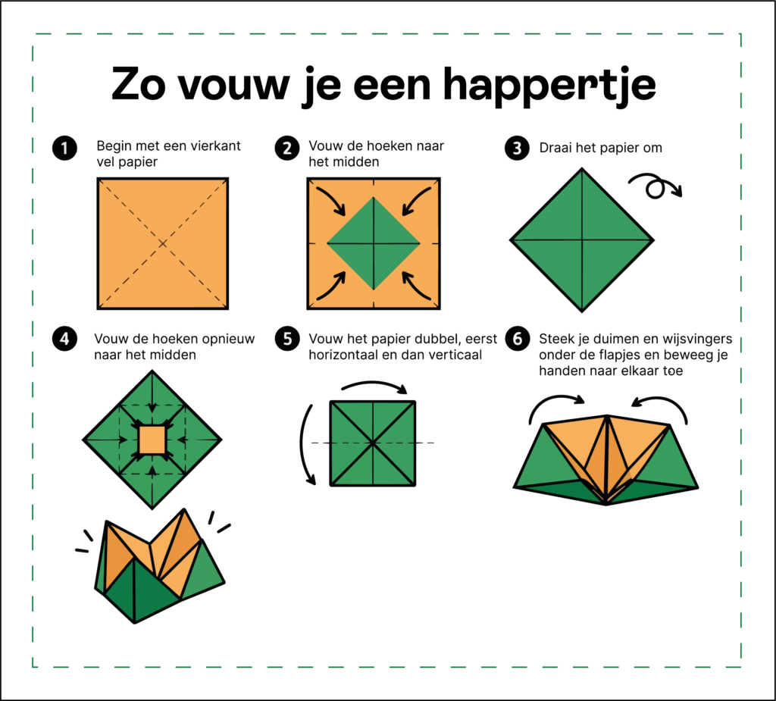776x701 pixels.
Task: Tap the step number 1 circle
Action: [64, 148]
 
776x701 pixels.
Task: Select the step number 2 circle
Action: [287, 148]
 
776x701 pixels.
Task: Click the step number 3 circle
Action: [517, 148]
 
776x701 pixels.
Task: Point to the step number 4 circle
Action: [64, 339]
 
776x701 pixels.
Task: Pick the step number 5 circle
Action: [287, 339]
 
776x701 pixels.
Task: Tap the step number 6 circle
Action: [517, 339]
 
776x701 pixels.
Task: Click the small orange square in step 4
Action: [152, 440]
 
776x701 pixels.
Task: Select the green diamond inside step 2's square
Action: [374, 243]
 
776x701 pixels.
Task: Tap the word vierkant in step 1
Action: [218, 146]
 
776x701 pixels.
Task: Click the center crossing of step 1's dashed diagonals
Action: [163, 243]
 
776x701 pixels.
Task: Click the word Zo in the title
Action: [138, 85]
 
